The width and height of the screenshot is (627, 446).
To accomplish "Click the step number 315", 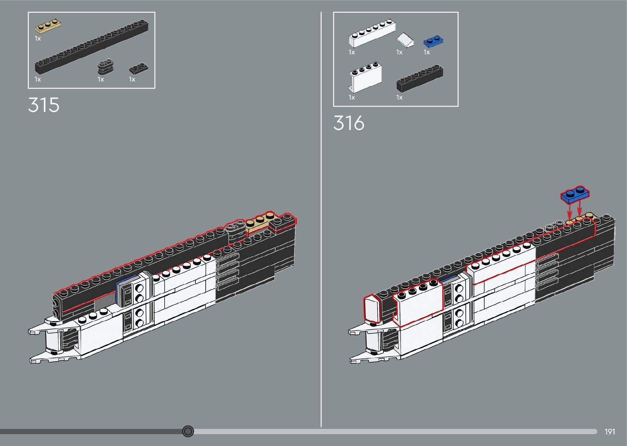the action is (44, 105).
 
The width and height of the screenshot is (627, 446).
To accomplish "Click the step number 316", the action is (349, 123).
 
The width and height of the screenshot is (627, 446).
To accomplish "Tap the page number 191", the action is (609, 432).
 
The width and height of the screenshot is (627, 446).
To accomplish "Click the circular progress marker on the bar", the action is (188, 431).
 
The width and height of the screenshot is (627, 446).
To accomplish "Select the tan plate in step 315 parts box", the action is (48, 27).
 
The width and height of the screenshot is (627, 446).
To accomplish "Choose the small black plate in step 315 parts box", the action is (139, 69).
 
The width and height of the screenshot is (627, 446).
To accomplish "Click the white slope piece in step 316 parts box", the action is (405, 40).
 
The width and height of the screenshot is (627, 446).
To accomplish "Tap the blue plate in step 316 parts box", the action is (434, 42).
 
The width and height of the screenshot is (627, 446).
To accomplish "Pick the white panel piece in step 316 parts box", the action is (366, 78).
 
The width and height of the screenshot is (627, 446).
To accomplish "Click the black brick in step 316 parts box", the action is (419, 79).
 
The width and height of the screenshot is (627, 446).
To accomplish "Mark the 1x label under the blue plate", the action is (427, 52).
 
